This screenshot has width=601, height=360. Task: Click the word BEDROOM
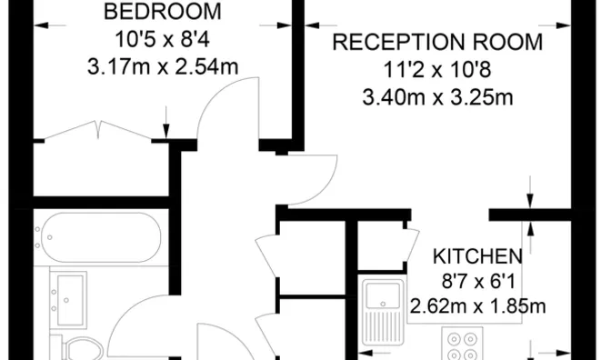[x=163, y=13]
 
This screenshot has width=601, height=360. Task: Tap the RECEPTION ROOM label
[x=436, y=42]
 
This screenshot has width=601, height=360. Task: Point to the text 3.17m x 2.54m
[x=163, y=67]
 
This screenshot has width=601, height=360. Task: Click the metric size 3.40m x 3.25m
[x=436, y=95]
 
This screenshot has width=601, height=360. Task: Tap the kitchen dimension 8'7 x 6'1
[x=476, y=281]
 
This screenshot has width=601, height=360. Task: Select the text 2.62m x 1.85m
[x=477, y=306]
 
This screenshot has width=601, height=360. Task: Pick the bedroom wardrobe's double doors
[x=100, y=129]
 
